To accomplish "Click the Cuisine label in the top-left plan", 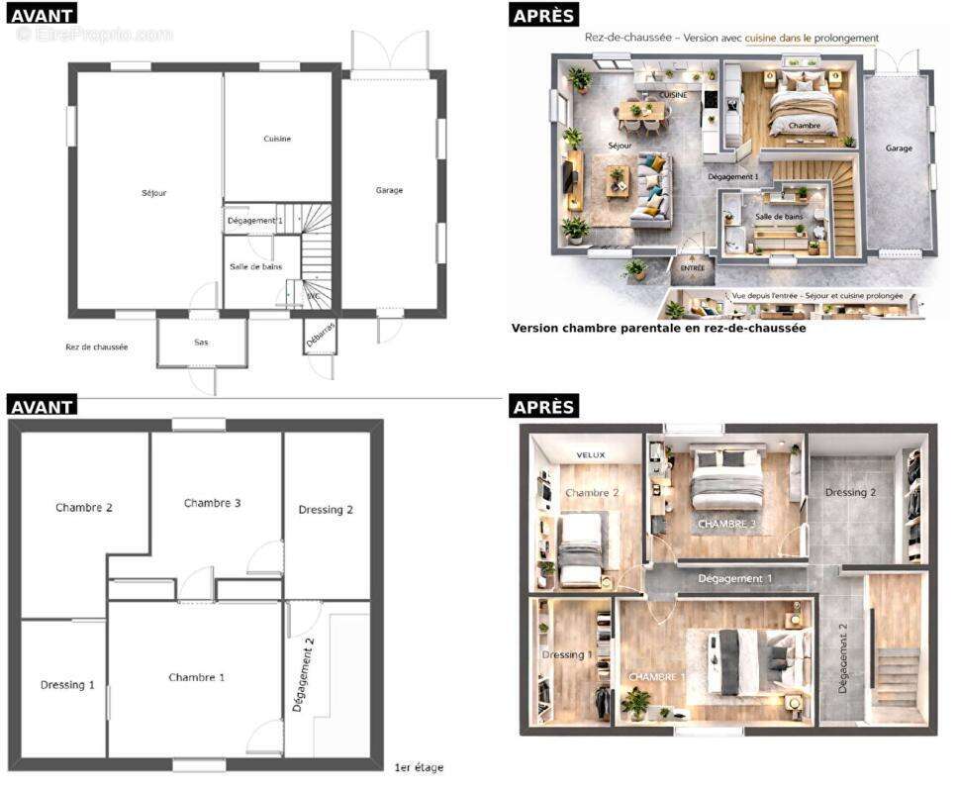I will pos(277,139).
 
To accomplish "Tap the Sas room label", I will pos(201,343).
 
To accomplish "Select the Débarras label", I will pos(321,338).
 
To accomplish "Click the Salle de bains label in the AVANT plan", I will pos(256,266).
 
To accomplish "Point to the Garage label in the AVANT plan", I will pos(389,190).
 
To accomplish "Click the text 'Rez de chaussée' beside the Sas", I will pos(97,346).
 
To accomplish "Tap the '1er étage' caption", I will pos(420,767).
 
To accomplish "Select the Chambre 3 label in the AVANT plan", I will pos(213,503).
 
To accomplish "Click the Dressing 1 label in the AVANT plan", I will pos(68,684).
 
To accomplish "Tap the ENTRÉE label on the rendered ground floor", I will pos(693,267).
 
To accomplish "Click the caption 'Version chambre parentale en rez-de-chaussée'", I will pos(658,328).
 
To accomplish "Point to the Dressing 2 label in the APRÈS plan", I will pos(851,492).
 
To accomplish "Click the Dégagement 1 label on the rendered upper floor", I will pos(735,578).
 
